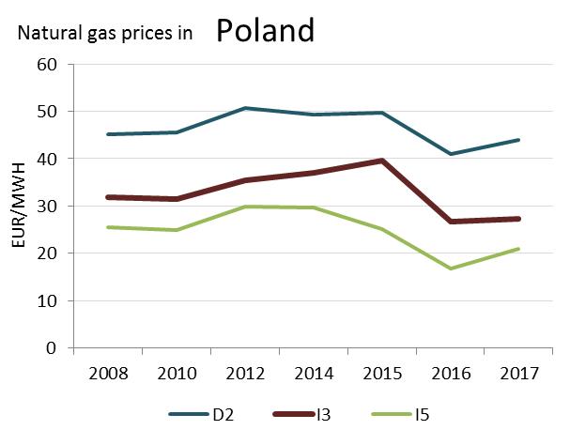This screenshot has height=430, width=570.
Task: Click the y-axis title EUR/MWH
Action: (20, 206)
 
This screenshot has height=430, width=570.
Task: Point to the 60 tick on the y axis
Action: (48, 64)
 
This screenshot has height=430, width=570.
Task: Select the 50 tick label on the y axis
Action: (48, 112)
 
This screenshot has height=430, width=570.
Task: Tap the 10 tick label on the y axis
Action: (48, 300)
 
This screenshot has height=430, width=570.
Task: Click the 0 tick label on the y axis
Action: (53, 348)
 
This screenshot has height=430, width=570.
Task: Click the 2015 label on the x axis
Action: (381, 374)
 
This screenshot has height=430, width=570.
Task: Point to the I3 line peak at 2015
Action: (381, 161)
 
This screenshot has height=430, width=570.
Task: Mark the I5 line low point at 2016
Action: (452, 269)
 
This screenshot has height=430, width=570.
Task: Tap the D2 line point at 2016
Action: (452, 154)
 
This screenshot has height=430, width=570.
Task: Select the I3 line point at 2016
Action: (452, 222)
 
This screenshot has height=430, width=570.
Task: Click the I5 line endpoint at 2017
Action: (519, 249)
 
